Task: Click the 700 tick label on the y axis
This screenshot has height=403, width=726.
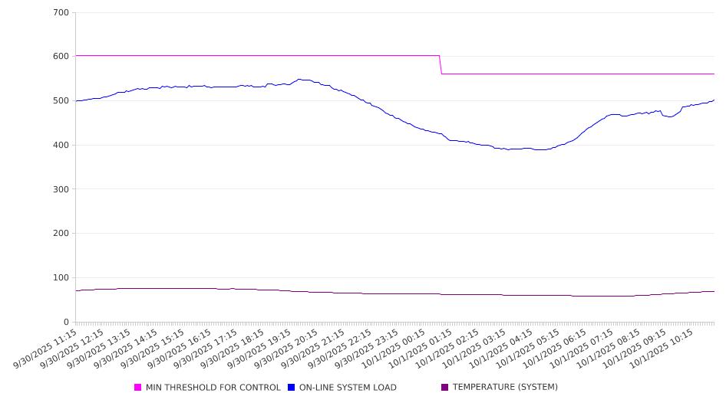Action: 61,13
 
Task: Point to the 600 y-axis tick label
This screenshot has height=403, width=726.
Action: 61,57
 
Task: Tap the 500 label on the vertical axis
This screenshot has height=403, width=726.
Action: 61,101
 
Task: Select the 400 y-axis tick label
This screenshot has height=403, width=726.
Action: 61,146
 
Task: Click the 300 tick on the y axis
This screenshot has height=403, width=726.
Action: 61,189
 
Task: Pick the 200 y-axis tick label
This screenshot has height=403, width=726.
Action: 61,234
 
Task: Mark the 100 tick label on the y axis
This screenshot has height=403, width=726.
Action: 61,278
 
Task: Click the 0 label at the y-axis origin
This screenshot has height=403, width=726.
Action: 67,322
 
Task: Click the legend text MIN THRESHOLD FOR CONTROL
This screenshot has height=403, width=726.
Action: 213,388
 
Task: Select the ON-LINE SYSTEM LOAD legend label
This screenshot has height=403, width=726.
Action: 348,388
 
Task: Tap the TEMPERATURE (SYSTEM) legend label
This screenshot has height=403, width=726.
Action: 505,388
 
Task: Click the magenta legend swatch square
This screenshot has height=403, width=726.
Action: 138,388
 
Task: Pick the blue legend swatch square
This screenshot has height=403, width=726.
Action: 292,388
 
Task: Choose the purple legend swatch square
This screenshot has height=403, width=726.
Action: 445,388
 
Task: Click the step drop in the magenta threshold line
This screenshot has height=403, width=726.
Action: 441,65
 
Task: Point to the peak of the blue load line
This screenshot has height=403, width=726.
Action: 300,79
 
